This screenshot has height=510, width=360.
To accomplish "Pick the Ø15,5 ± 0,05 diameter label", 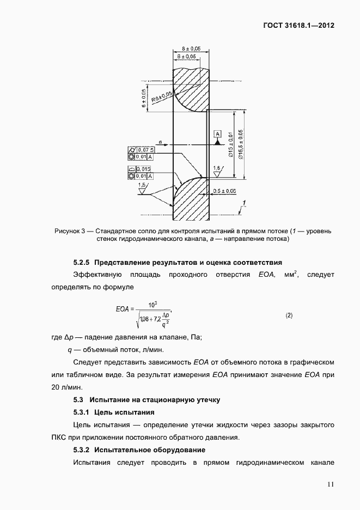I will [x=241, y=145].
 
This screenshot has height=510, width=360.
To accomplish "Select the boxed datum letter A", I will [x=218, y=133].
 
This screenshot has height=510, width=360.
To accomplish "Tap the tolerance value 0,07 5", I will [x=145, y=149].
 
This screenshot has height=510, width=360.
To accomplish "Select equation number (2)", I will [x=289, y=315].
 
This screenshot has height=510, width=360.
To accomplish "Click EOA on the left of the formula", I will [x=122, y=309].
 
